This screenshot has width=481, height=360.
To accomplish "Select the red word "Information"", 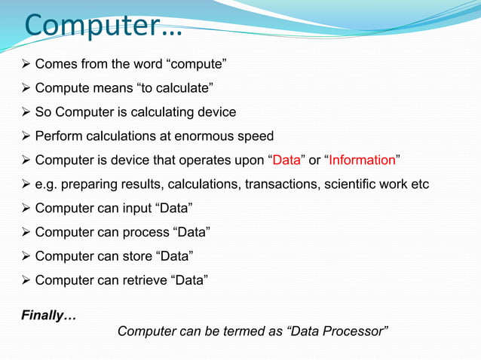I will pyautogui.click(x=362, y=160).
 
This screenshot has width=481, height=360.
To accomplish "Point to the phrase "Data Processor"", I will pyautogui.click(x=340, y=332).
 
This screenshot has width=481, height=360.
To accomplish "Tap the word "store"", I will pyautogui.click(x=135, y=256).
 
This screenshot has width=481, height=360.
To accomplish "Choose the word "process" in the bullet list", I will pyautogui.click(x=143, y=232).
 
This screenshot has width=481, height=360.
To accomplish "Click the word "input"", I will pyautogui.click(x=134, y=208).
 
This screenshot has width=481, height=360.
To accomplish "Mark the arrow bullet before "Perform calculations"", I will pyautogui.click(x=25, y=136).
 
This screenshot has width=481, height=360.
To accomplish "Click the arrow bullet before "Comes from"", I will pyautogui.click(x=25, y=64).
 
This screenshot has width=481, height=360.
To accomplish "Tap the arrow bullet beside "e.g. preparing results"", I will pyautogui.click(x=25, y=184).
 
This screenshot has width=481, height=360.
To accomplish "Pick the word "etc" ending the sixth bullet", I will pyautogui.click(x=418, y=184).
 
